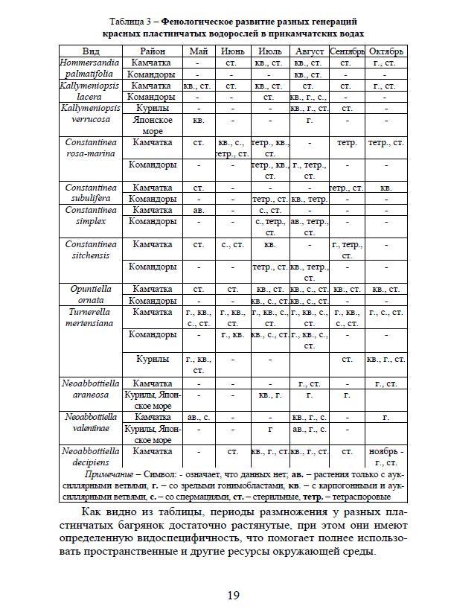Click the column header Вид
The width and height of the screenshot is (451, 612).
[91, 52]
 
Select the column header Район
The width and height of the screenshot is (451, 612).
[153, 52]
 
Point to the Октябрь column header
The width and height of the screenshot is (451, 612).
[386, 52]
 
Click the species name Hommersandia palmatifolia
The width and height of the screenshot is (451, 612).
[91, 69]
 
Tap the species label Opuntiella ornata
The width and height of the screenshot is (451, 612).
[91, 294]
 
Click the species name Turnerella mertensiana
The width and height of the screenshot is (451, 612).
[91, 317]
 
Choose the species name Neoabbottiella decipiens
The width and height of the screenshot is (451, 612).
[91, 456]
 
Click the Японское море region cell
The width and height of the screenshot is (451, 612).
[153, 125]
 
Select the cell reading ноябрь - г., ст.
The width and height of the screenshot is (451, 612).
[386, 456]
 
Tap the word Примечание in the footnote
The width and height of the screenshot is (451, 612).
[109, 474]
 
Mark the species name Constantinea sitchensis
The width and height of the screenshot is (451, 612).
[91, 249]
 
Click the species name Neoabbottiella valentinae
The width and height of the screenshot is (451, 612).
[91, 423]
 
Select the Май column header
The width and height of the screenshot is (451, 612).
[198, 52]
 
